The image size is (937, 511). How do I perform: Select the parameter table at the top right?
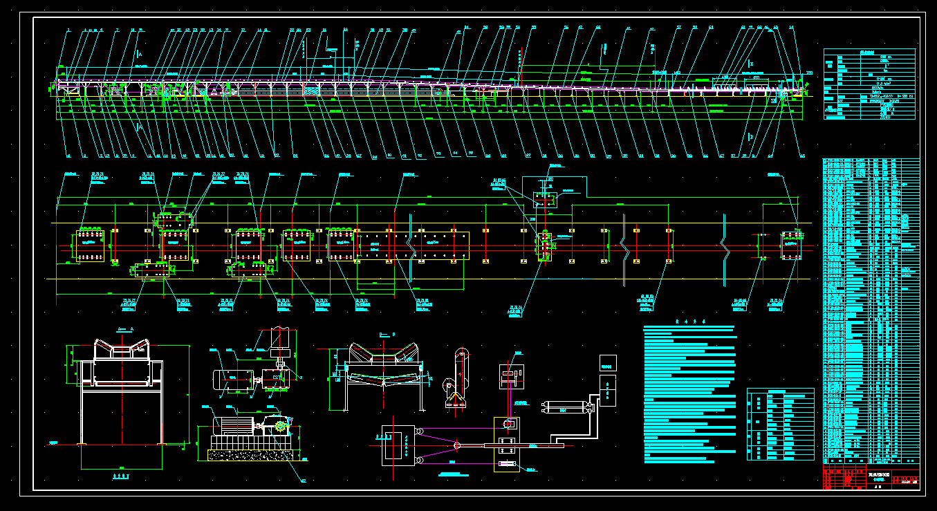point(869,84)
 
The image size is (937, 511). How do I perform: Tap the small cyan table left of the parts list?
point(780,424)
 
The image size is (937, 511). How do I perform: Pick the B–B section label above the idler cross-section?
point(387,334)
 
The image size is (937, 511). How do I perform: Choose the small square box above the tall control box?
point(608,362)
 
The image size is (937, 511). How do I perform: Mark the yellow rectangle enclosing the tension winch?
point(507,445)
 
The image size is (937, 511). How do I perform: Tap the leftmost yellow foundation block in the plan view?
point(89,246)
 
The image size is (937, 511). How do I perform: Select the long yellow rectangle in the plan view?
point(412,245)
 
